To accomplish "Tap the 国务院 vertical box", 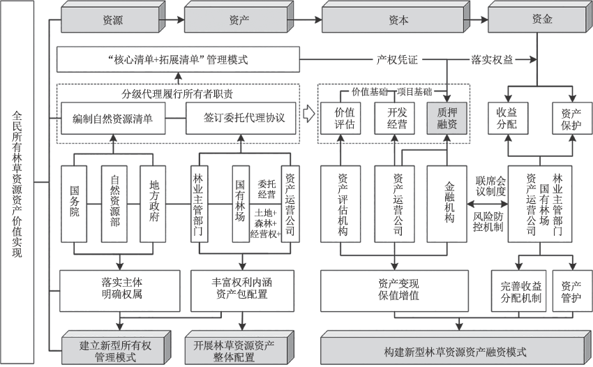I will (75, 203).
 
